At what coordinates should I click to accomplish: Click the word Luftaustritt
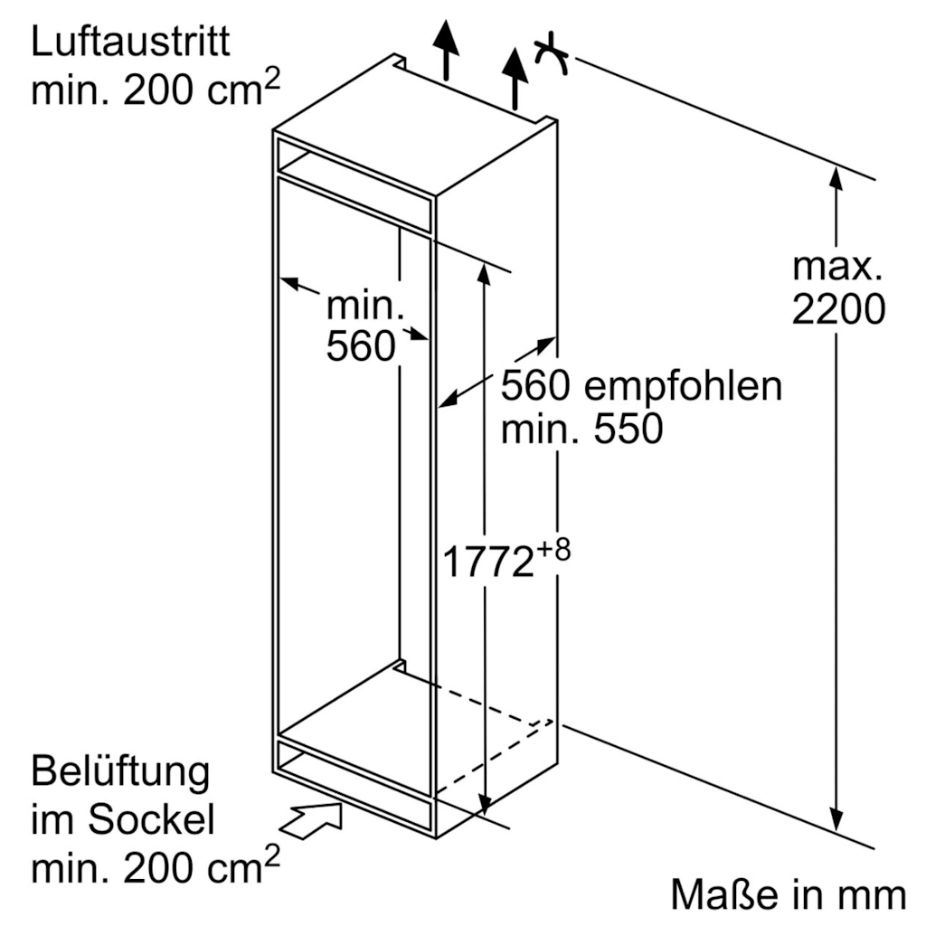130,42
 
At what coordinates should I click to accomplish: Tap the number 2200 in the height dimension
838,309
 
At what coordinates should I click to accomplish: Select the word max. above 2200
836,267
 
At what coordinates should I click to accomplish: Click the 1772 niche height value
487,562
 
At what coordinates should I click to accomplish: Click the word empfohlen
683,387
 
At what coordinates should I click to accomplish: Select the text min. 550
581,430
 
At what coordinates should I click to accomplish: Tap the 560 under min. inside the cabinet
361,346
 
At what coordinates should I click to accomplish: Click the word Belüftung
120,772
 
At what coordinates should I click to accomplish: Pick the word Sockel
151,819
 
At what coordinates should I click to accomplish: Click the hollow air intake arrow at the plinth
310,820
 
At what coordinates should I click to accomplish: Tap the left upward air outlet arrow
446,50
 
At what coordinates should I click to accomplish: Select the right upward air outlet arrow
515,80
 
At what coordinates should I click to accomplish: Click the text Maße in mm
788,894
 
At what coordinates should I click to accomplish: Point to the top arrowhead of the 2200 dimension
836,179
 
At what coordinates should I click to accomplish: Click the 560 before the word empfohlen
535,386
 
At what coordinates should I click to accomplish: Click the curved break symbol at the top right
551,55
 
